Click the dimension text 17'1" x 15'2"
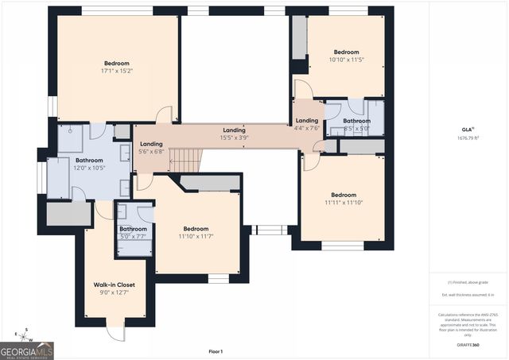point(116,72)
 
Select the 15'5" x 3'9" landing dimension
point(234,137)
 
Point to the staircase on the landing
point(184,161)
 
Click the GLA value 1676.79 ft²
point(468,137)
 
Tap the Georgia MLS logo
point(27,349)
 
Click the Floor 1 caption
point(216,351)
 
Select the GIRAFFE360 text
point(468,346)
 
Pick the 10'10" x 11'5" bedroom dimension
point(346,60)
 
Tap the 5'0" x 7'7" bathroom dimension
point(133,236)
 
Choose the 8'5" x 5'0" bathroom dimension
point(356,128)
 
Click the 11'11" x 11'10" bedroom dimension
point(344,203)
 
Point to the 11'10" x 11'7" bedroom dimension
point(196,236)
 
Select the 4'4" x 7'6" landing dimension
point(306,128)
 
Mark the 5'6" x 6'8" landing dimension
point(151,151)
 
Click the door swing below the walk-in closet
point(118,333)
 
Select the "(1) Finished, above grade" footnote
point(468,282)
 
